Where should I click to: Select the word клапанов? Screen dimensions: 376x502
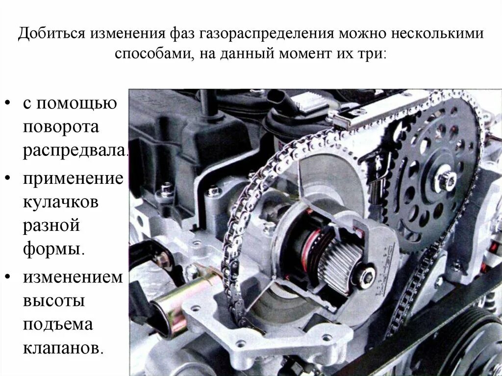[x=62, y=348]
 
